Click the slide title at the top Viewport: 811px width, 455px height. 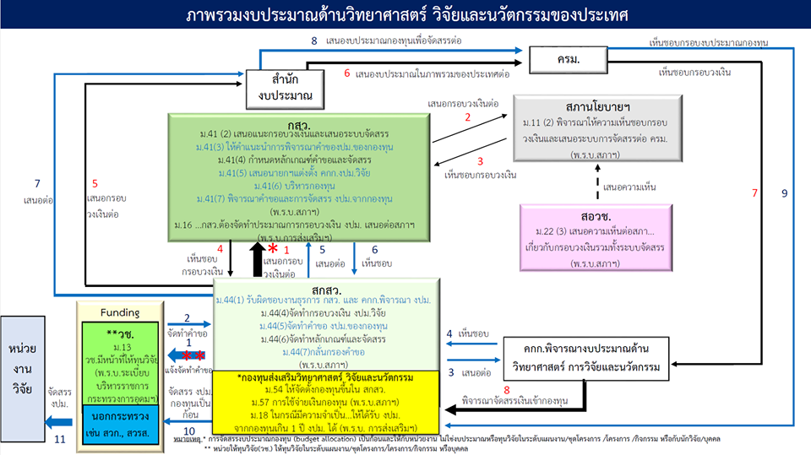pos(405,16)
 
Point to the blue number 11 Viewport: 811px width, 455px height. pos(59,439)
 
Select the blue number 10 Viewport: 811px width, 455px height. pos(189,431)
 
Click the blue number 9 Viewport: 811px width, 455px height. pos(784,193)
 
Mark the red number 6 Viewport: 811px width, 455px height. pos(346,73)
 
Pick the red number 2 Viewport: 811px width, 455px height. pos(467,119)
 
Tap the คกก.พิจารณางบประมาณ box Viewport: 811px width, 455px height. pos(589,360)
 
